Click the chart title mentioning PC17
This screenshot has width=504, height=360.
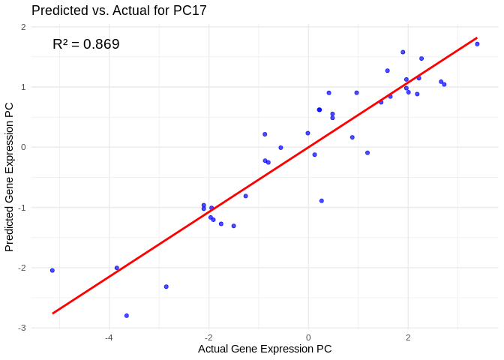[x=119, y=10]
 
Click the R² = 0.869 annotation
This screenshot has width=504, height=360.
[x=85, y=44]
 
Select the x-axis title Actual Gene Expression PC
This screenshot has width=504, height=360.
[x=265, y=349]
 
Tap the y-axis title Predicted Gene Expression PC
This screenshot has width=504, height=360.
[x=9, y=177]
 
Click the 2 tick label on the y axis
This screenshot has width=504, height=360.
[x=23, y=27]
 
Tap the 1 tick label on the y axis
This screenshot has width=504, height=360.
[x=23, y=87]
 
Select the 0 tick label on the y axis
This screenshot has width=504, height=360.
[x=23, y=147]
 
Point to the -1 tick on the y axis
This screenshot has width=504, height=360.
[x=22, y=208]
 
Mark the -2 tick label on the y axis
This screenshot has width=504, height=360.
[x=22, y=268]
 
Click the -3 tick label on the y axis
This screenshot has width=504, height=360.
[x=22, y=328]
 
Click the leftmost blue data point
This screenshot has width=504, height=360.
[x=52, y=270]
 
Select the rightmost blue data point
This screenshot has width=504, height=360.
[x=477, y=44]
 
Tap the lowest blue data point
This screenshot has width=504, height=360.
[x=127, y=316]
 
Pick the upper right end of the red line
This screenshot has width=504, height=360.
[x=477, y=37]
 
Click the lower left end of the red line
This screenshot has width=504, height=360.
[x=52, y=313]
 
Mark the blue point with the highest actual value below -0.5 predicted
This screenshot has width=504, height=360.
[x=322, y=201]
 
